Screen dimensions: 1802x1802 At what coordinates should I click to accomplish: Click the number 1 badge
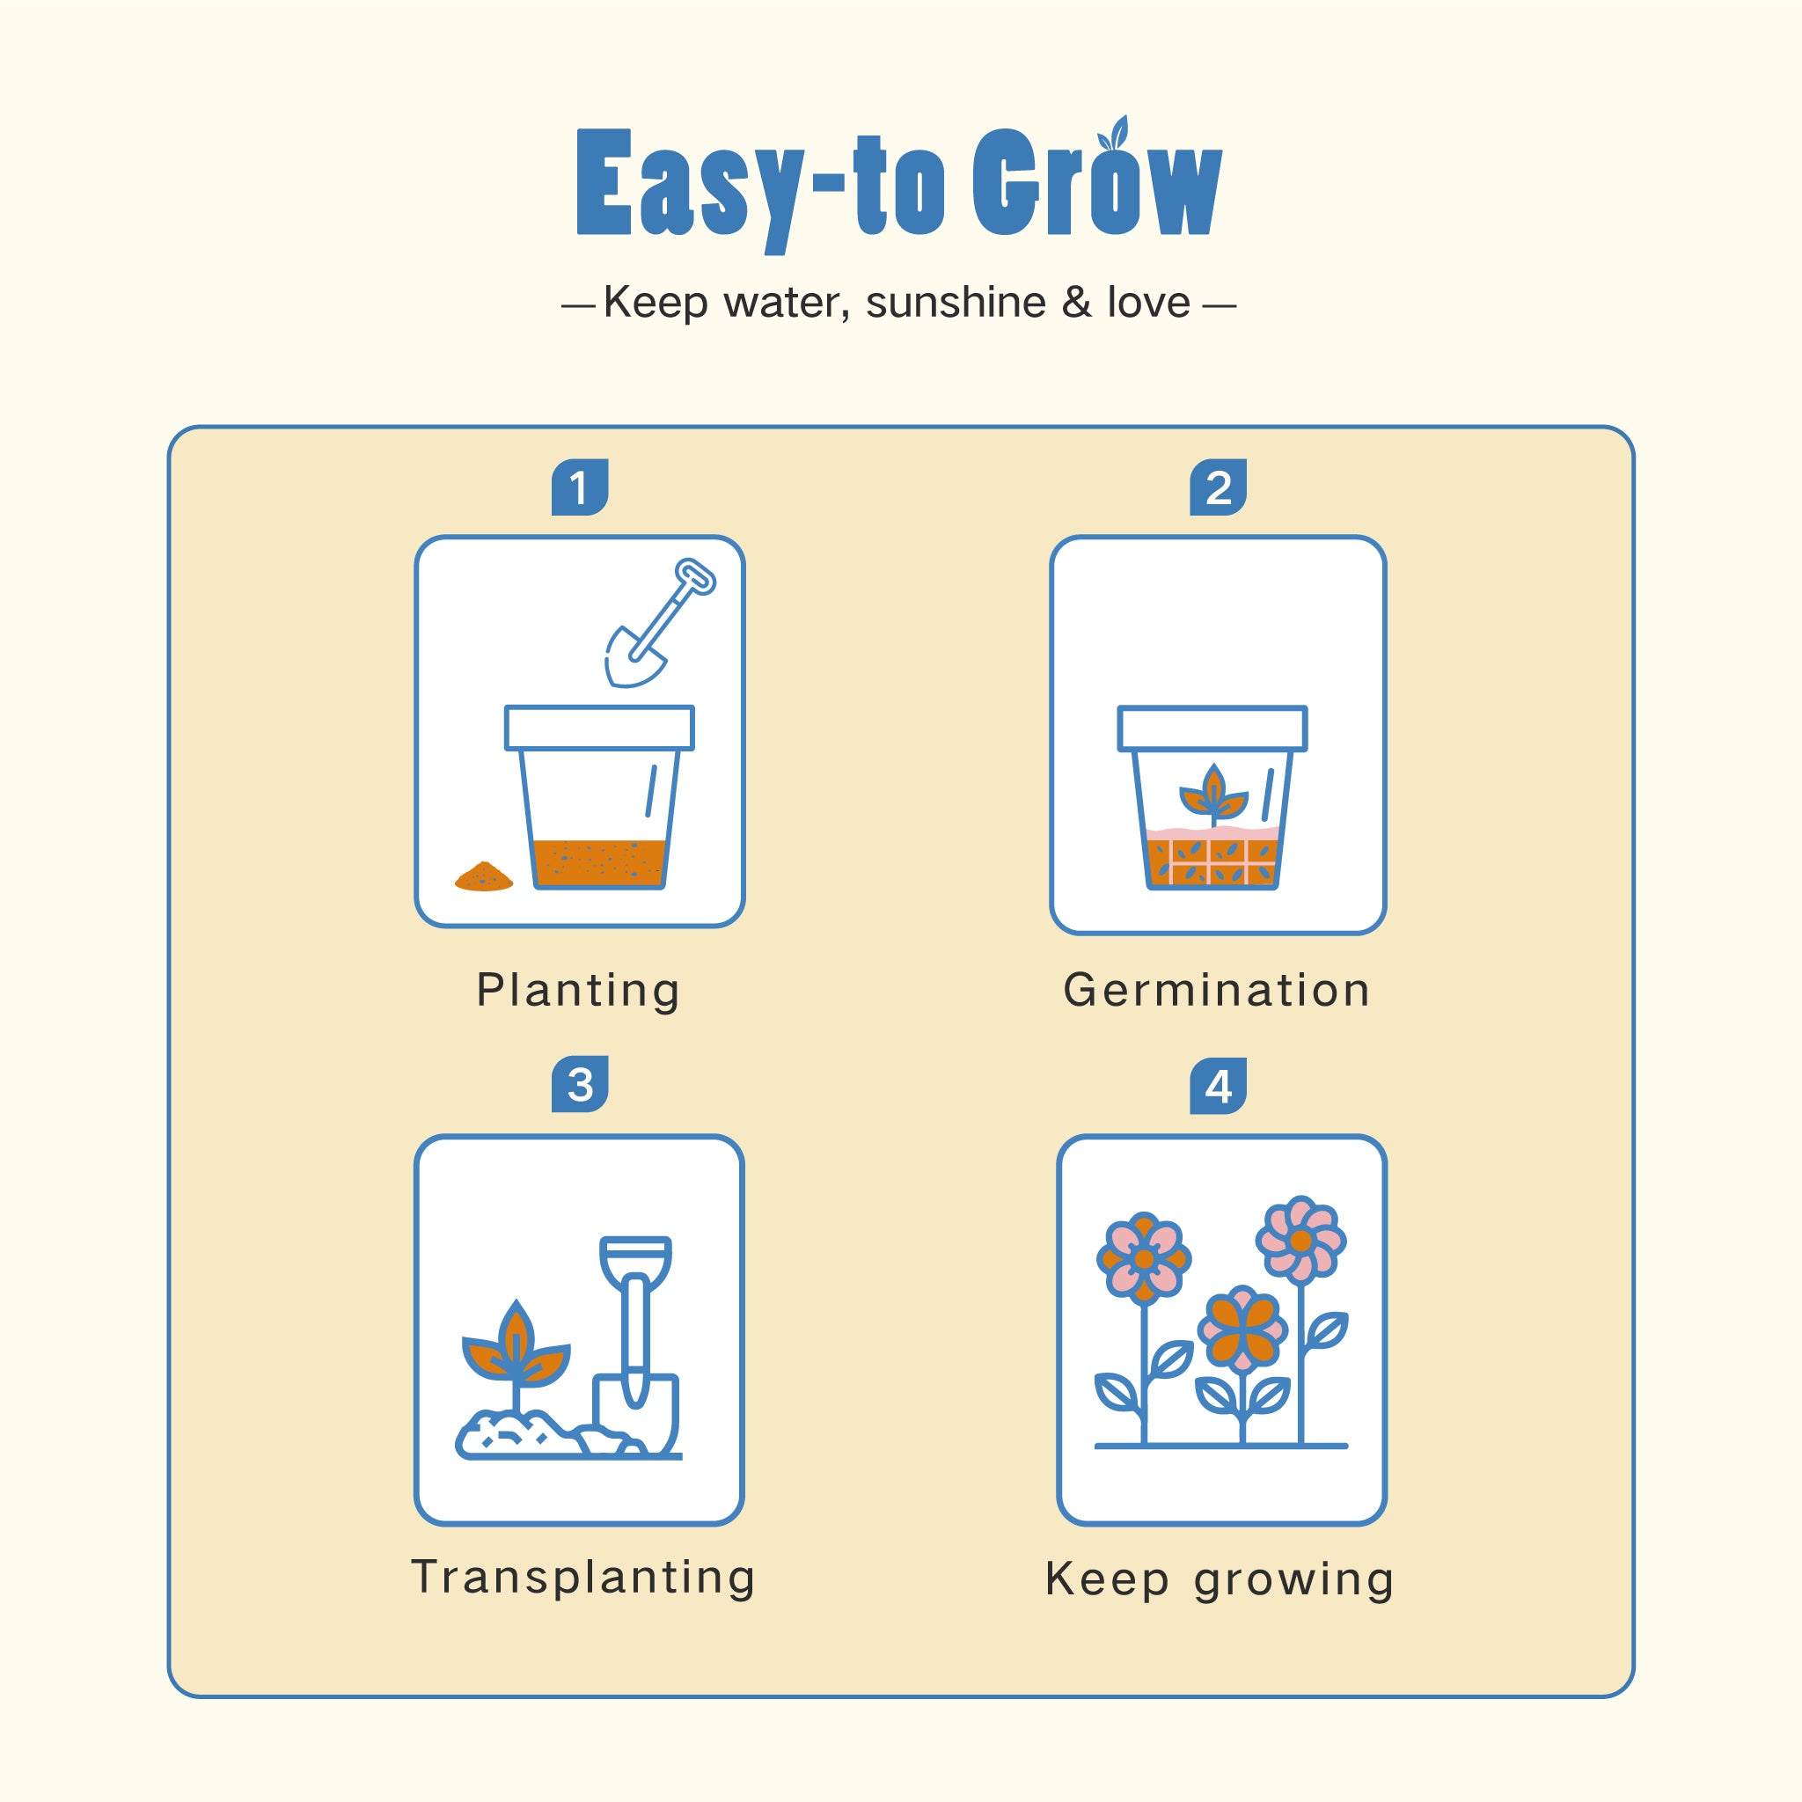coord(579,487)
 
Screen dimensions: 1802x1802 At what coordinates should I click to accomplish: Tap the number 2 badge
coord(1218,487)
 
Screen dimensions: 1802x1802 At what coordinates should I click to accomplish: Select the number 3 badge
coord(579,1084)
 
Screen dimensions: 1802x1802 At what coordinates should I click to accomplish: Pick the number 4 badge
coord(1218,1086)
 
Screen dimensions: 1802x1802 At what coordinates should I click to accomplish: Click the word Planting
coord(578,991)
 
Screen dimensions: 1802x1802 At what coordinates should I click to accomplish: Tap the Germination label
coord(1217,990)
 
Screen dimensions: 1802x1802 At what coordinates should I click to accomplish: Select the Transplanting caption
coord(583,1578)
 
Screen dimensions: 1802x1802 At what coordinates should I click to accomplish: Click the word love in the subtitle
coord(1148,302)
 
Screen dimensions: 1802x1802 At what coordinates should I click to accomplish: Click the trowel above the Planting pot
coord(657,623)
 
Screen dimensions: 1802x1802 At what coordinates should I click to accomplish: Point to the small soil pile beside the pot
coord(484,875)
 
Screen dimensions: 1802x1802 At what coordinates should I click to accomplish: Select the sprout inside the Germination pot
coord(1213,794)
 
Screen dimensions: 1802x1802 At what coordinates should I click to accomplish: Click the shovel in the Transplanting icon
coord(636,1346)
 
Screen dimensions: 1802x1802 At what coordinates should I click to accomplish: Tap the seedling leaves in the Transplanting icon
coord(516,1343)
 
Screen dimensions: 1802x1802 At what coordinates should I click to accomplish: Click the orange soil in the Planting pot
coord(600,863)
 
